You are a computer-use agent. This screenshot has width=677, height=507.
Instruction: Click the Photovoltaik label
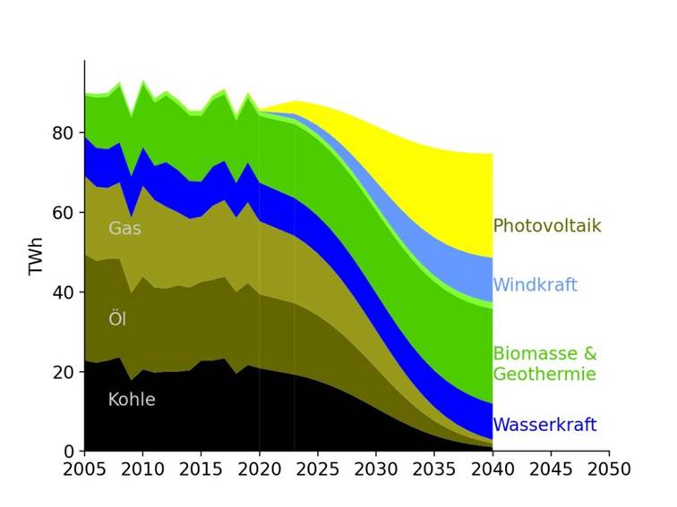(x=546, y=226)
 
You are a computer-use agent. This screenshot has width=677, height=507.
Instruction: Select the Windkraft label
(x=535, y=285)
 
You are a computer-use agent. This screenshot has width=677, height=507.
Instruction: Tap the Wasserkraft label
(x=544, y=425)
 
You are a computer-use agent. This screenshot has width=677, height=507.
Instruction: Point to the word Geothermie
(x=544, y=374)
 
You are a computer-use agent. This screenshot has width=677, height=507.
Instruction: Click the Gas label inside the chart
(x=124, y=229)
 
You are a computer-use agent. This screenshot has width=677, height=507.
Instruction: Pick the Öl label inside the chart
(x=117, y=319)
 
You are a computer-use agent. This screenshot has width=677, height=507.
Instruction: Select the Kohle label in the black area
(x=132, y=400)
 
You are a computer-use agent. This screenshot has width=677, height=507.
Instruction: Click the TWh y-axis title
(x=37, y=257)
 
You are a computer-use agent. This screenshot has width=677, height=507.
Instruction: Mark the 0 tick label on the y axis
(x=68, y=452)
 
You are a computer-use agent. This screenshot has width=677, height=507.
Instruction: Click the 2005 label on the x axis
(x=84, y=470)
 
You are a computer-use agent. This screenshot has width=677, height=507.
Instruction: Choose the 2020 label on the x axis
(x=259, y=470)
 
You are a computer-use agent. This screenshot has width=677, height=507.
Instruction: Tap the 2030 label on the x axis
(x=376, y=470)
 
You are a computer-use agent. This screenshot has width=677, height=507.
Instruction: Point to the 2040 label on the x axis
(x=493, y=470)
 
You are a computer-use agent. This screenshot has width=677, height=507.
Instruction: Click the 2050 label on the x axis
(x=609, y=470)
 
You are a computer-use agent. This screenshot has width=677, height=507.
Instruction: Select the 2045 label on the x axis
(x=551, y=470)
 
